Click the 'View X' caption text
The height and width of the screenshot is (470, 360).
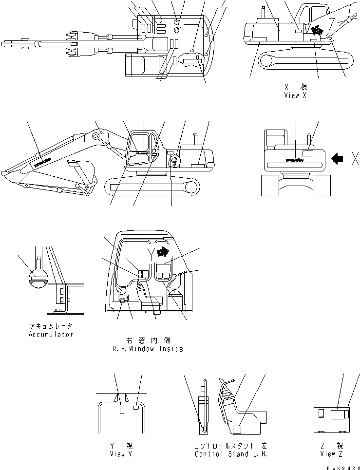coord(295,95)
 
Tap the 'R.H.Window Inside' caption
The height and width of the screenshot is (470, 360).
coord(148,349)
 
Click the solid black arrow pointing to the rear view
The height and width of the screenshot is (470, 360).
coord(337,158)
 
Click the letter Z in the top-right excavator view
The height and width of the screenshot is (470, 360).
coord(332,22)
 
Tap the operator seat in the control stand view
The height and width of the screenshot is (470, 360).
coord(241,414)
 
